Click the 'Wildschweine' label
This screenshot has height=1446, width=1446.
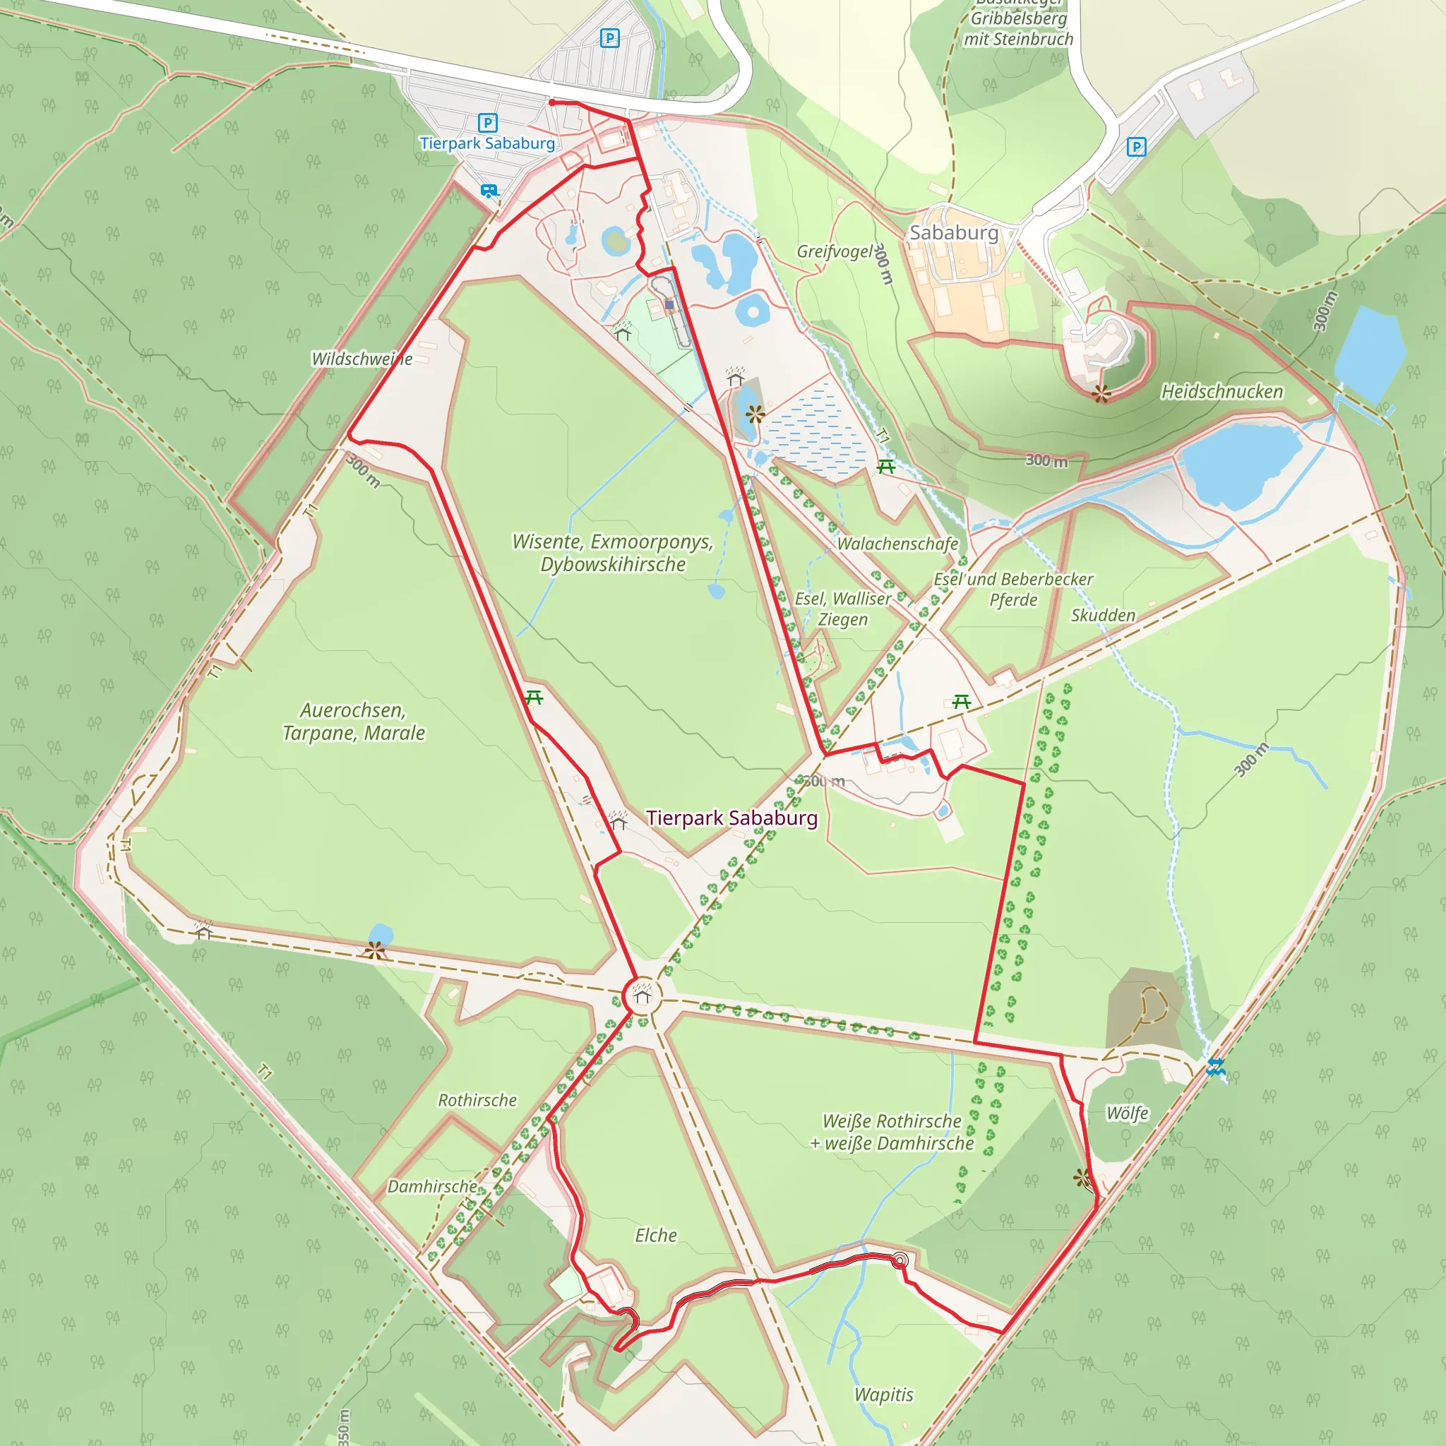coord(361,359)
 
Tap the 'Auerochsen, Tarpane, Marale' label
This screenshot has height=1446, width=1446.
coord(353,722)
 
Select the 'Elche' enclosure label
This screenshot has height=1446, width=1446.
coord(656,1235)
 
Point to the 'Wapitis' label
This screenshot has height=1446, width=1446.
coord(884,1394)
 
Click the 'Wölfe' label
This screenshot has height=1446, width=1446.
coord(1127,1113)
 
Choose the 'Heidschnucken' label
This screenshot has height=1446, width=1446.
coord(1221,391)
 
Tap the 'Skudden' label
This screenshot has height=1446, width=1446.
coord(1102,615)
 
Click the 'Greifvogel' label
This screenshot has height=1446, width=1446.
coord(835,251)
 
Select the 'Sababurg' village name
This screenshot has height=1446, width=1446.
coord(953,233)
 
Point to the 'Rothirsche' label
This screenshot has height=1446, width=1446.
coord(477,1100)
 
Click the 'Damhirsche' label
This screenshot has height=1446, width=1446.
coord(432,1186)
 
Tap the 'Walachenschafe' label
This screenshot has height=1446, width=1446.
coord(897,544)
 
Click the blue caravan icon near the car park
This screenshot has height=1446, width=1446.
coord(489,191)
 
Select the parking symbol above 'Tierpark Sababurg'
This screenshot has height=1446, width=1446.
coord(487,122)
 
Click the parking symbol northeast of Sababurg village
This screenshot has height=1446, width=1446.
coord(1136,147)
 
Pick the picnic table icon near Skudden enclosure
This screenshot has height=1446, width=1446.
coord(962,701)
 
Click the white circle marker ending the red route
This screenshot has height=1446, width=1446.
coord(900,1261)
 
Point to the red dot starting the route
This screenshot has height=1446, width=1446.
coord(551,102)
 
